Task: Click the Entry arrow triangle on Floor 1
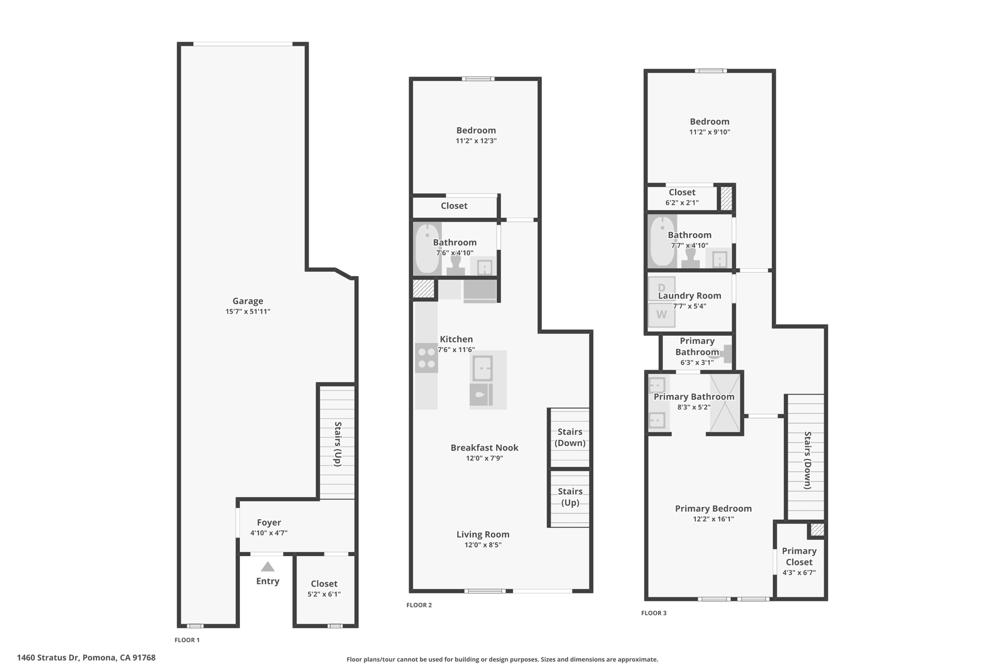tap(267, 567)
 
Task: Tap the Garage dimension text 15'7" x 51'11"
tap(248, 312)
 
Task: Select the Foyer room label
tap(269, 523)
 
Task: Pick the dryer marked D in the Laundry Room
tap(661, 288)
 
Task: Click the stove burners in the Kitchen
tap(426, 358)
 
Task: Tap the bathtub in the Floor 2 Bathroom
tap(428, 249)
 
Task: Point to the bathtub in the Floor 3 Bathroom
tap(662, 241)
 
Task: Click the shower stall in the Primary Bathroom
tap(725, 403)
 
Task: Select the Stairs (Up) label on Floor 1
tap(338, 444)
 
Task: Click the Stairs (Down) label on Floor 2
tap(570, 437)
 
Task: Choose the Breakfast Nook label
tap(484, 448)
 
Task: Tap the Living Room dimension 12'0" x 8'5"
tap(483, 545)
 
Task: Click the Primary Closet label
tap(799, 557)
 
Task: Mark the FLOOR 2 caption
tap(419, 605)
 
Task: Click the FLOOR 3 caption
tap(654, 613)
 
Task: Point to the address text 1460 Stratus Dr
tap(48, 658)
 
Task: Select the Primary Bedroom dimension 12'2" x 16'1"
tap(714, 519)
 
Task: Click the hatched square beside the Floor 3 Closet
tap(726, 198)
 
